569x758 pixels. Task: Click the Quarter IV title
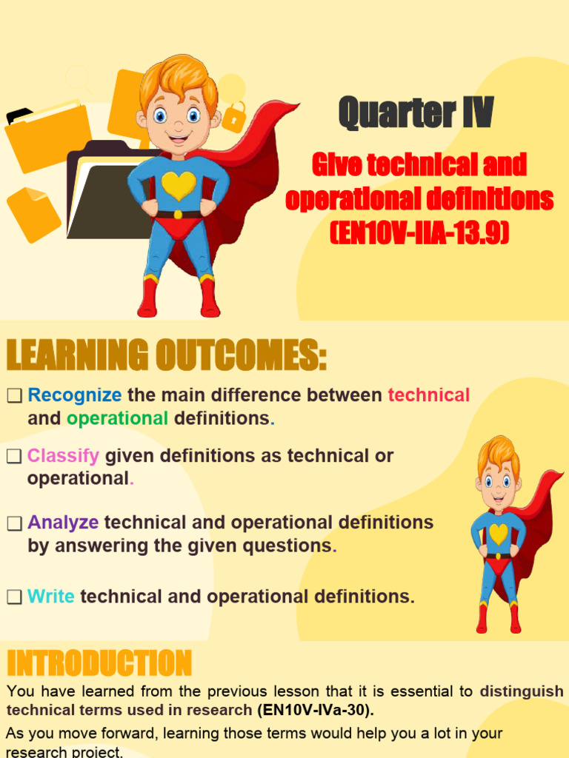[x=416, y=113]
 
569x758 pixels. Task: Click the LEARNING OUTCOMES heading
[x=167, y=355]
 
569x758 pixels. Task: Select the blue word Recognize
[x=75, y=395]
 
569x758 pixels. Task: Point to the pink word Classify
[x=63, y=455]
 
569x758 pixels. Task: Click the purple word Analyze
[x=63, y=523]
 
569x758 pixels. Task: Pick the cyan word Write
[x=51, y=597]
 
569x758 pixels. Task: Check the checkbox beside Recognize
[x=15, y=396]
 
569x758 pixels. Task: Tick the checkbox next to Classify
[x=15, y=456]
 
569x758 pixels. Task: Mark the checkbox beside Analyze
[x=15, y=523]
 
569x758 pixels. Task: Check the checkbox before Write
[x=15, y=597]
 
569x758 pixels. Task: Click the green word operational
[x=117, y=419]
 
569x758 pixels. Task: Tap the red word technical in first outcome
[x=429, y=395]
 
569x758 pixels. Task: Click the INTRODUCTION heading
[x=99, y=663]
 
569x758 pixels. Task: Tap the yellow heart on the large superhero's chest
[x=179, y=186]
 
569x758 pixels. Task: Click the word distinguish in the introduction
[x=522, y=692]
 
